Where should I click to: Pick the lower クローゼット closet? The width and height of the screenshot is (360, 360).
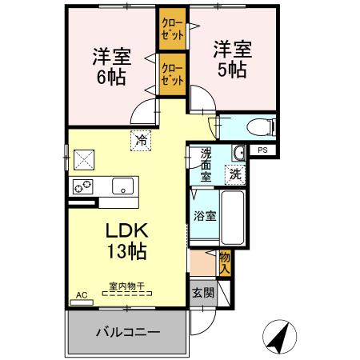[171, 74]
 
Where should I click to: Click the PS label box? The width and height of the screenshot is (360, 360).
[262, 150]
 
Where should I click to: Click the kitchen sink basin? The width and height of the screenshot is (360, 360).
[122, 186]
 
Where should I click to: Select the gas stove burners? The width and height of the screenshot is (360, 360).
[82, 186]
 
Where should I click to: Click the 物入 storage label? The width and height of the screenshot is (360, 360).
[225, 262]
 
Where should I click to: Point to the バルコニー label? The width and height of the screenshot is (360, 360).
[128, 330]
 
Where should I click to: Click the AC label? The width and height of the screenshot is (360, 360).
[82, 295]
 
